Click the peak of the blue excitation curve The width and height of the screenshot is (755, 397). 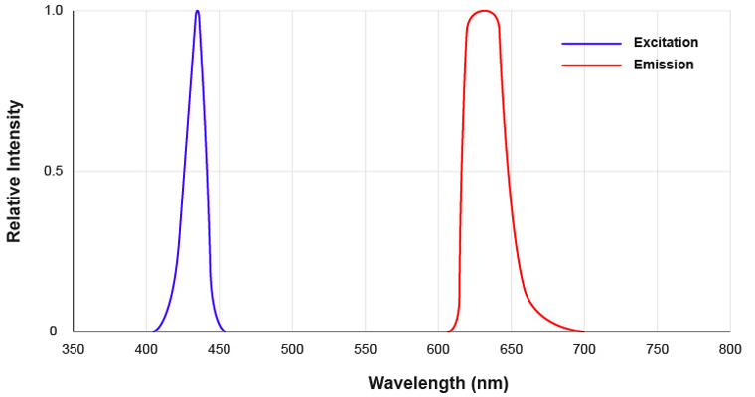point(197,12)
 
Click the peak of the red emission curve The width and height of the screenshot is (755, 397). point(484,12)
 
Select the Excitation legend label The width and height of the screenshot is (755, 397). point(666,43)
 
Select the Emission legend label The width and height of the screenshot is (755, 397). point(664,65)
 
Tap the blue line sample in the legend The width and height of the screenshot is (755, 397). point(591,44)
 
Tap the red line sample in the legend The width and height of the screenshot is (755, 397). point(591,66)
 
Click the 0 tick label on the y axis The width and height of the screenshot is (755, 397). point(54,331)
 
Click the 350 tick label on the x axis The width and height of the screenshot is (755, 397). point(74,350)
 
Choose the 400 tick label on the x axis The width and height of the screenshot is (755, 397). point(146,350)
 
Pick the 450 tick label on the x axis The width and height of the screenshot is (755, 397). point(220,350)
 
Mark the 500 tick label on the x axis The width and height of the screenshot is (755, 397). point(292,350)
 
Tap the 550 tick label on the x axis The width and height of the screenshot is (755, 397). point(366,350)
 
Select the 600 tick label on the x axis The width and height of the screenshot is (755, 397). point(438,350)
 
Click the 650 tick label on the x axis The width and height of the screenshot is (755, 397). point(511,350)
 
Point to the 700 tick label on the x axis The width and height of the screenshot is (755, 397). point(584,350)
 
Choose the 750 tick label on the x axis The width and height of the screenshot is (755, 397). point(657,350)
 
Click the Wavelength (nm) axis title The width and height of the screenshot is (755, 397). point(438,382)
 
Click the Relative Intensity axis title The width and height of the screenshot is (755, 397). point(14,171)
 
